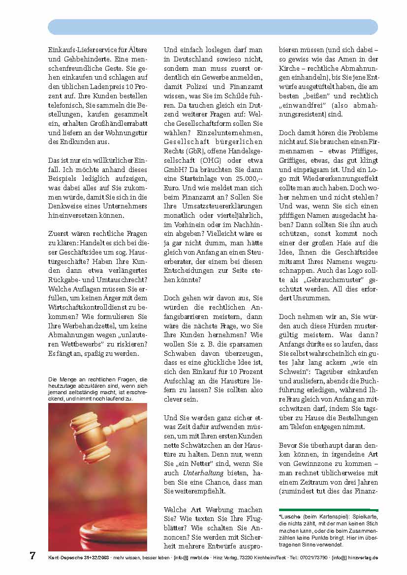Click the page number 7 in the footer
point(32,556)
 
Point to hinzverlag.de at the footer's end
point(363,557)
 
